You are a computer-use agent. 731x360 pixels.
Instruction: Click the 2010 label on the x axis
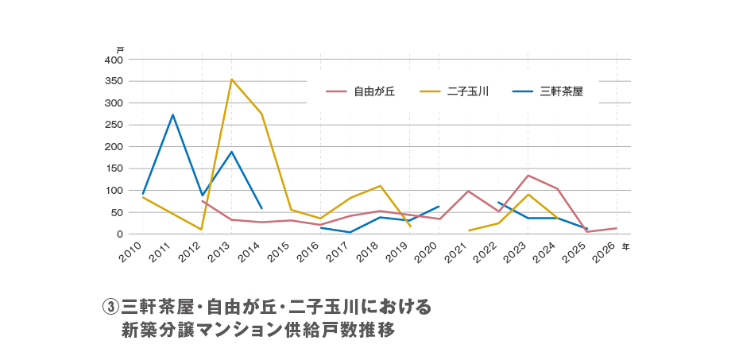[x=130, y=253]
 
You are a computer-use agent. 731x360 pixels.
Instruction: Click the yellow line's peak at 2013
[x=231, y=79]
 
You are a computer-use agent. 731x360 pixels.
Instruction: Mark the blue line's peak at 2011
[x=172, y=114]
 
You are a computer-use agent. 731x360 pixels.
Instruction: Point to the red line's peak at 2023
[x=528, y=176]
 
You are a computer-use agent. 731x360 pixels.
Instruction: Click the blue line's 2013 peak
[x=231, y=152]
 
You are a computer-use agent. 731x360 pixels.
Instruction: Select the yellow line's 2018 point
[x=380, y=186]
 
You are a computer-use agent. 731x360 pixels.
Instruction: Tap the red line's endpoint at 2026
[x=617, y=228]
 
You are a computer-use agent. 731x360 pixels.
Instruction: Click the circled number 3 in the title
[x=110, y=307]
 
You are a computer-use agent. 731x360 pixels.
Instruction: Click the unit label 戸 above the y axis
[x=120, y=50]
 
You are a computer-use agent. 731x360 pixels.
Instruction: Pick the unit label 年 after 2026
[x=626, y=247]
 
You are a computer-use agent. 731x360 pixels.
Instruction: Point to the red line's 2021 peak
[x=469, y=191]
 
